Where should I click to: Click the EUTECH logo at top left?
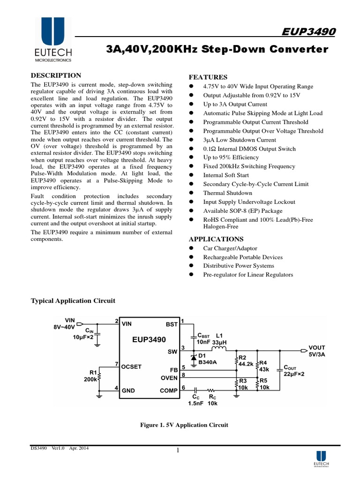tap(53, 40)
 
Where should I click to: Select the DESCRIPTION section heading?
tap(56, 75)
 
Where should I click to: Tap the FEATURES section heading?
tap(208, 77)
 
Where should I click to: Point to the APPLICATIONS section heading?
tap(216, 239)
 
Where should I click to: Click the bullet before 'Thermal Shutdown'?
tap(191, 193)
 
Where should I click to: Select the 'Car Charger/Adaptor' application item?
tap(230, 248)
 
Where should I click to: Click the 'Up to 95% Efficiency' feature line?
tap(231, 157)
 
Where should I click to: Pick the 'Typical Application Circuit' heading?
tap(73, 300)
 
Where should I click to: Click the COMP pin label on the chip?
tap(169, 390)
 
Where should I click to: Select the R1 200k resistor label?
tap(91, 375)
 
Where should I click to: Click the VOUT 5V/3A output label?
tap(317, 351)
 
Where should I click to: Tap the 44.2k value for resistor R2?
tap(246, 364)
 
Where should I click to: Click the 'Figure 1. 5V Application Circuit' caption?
tap(185, 425)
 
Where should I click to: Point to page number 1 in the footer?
tap(179, 451)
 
